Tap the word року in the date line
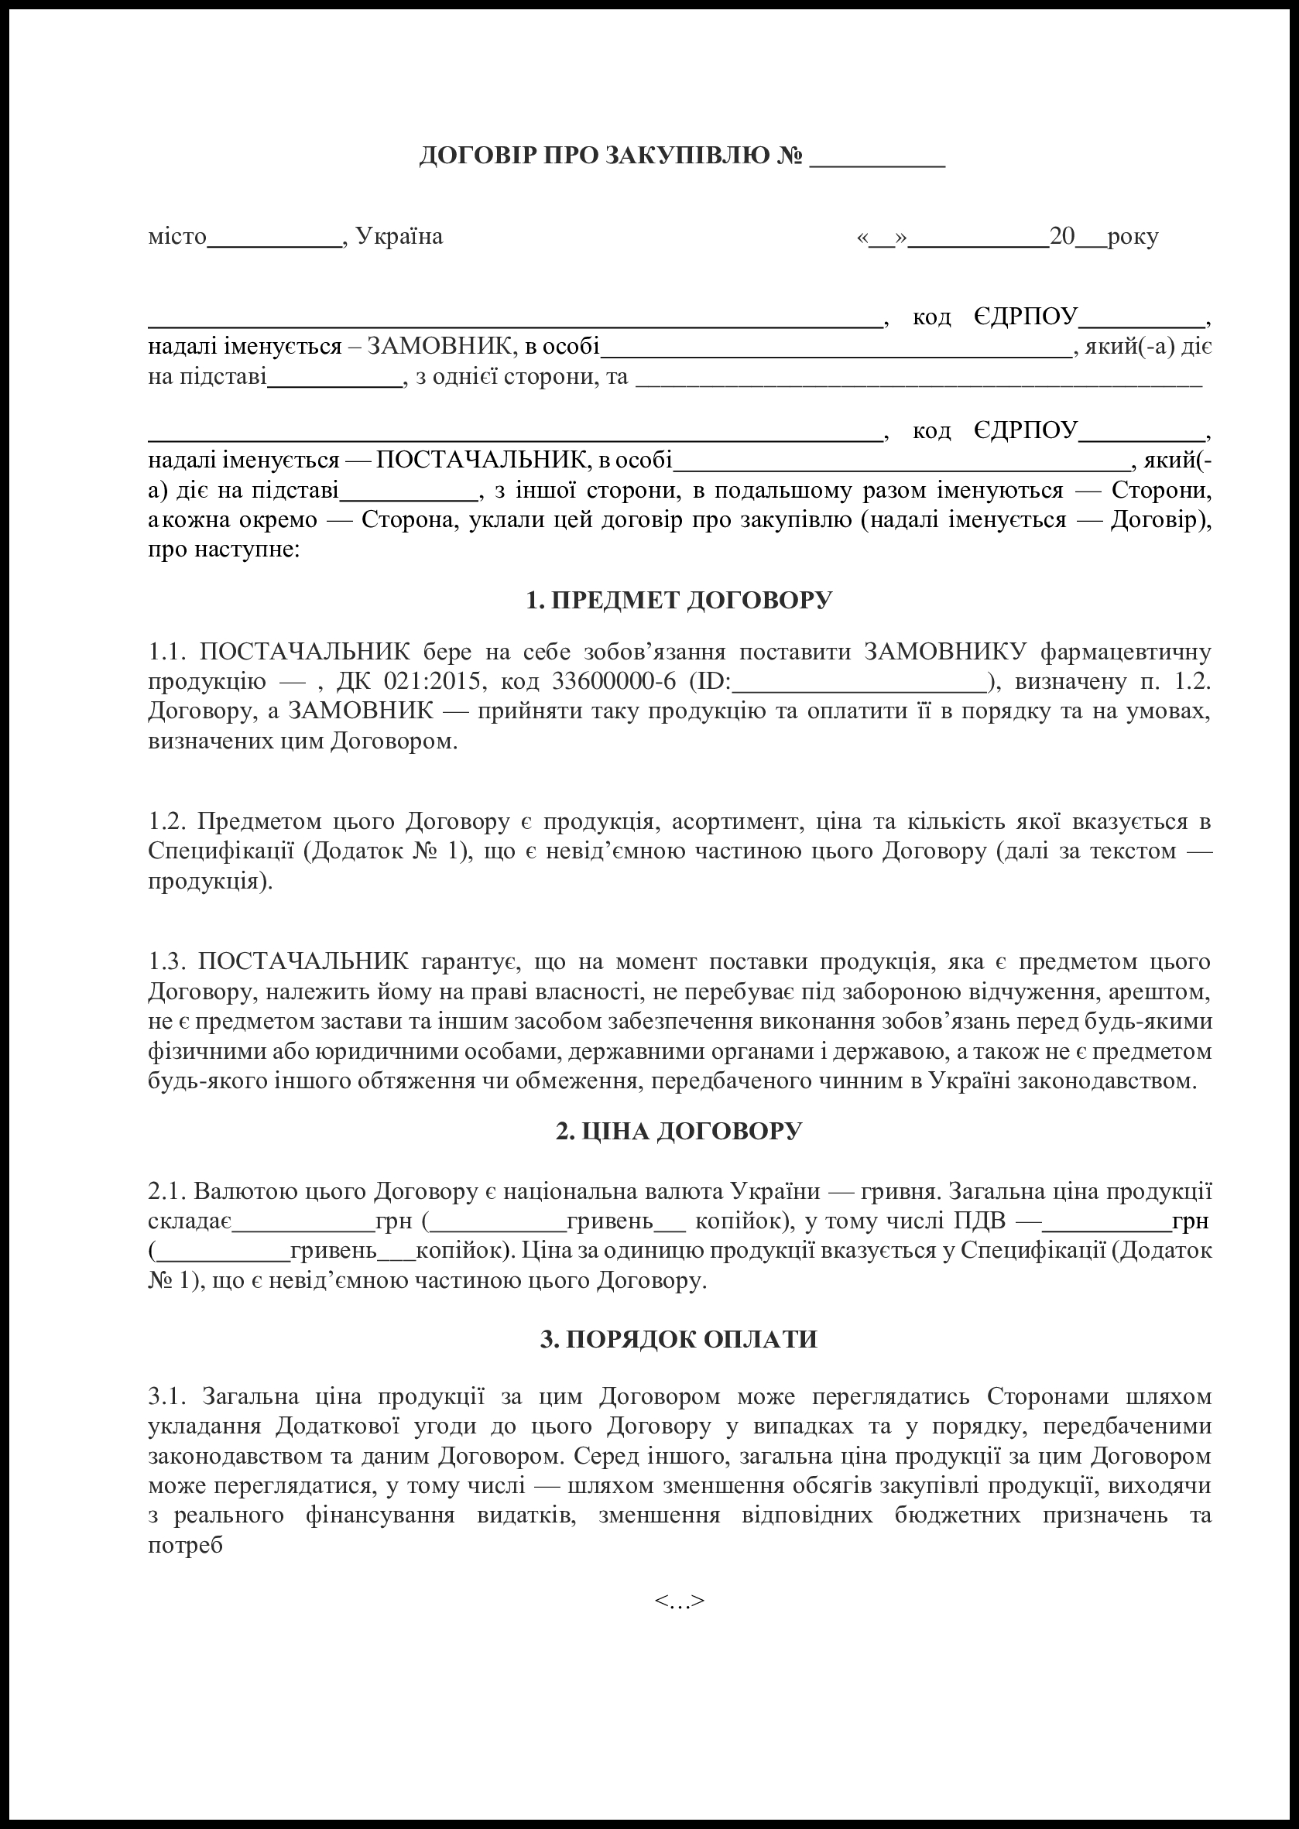tap(1133, 237)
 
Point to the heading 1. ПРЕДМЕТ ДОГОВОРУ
tap(679, 600)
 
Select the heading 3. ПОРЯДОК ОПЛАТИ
tap(679, 1340)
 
